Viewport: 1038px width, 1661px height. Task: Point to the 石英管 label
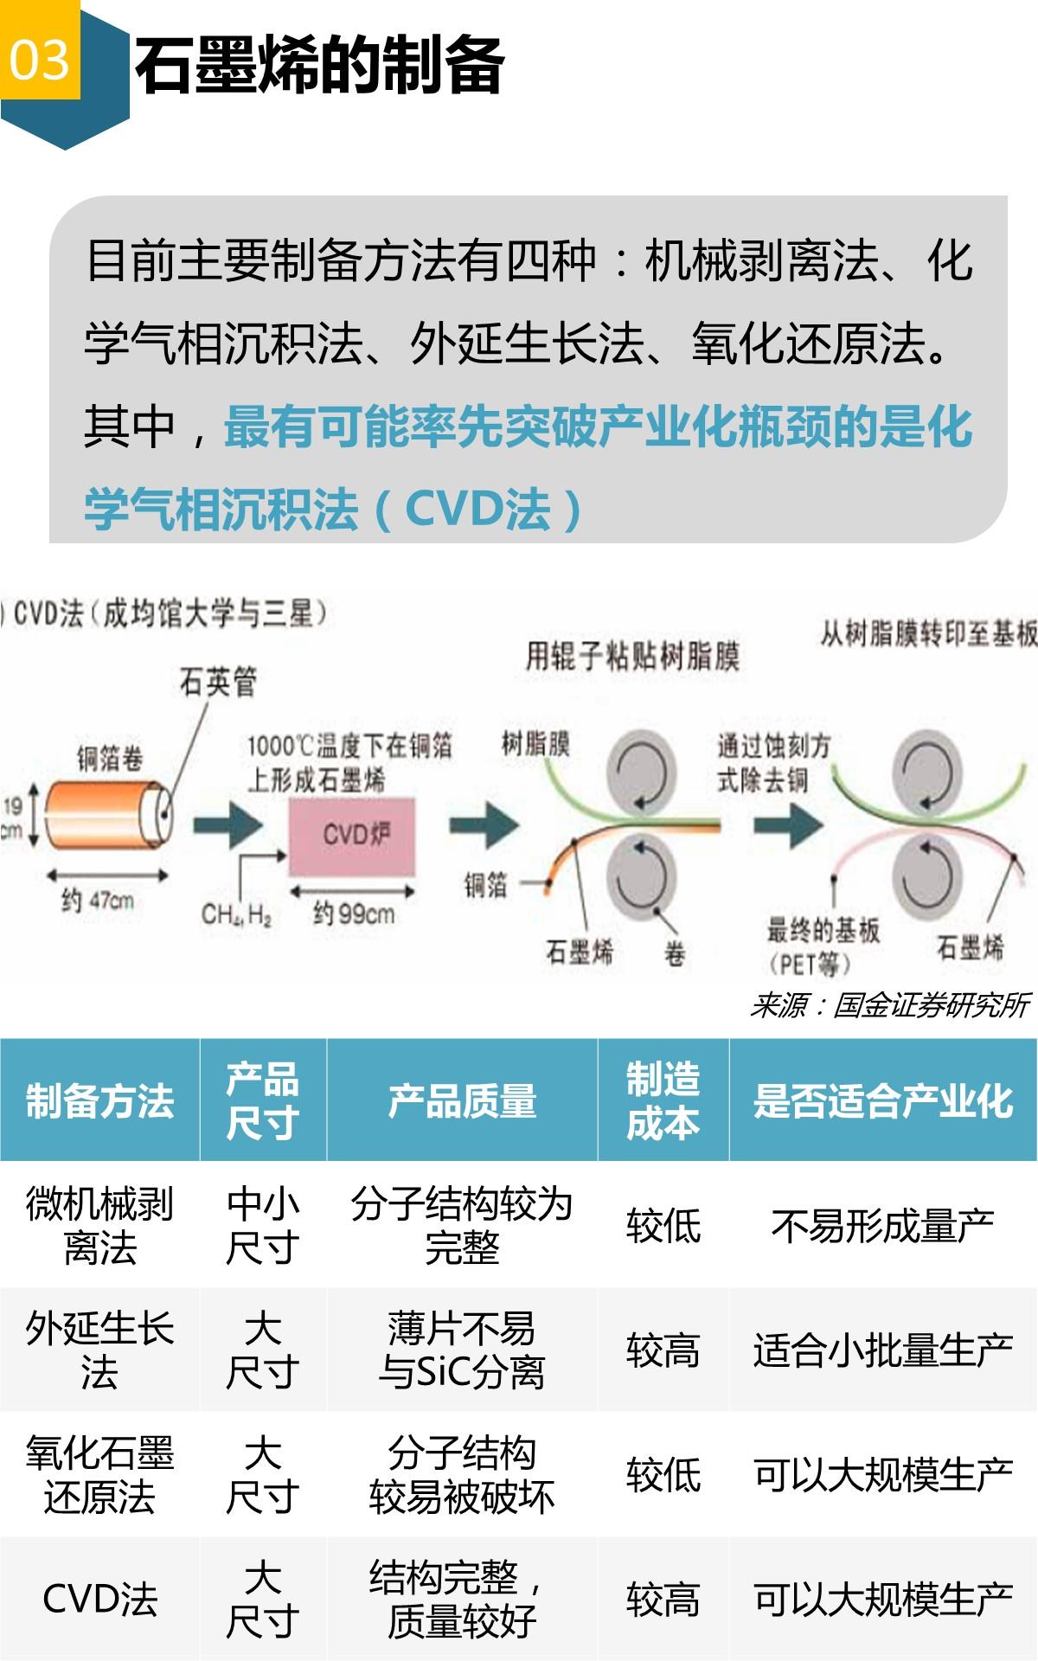218,683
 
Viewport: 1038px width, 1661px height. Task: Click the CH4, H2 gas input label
235,914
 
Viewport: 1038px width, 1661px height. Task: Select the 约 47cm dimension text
97,901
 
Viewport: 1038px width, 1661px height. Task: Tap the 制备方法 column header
99,1101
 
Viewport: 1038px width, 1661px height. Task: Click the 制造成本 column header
663,1101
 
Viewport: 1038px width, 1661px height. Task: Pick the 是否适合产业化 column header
883,1101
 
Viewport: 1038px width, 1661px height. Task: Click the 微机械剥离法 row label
99,1226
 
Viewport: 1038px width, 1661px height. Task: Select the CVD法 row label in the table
99,1600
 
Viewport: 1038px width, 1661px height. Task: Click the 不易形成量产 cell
883,1226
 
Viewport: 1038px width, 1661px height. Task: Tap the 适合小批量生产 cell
883,1350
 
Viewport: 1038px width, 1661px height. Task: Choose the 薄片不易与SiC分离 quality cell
462,1350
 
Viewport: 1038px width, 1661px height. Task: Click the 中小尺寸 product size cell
262,1226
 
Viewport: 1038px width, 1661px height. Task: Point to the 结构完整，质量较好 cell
462,1600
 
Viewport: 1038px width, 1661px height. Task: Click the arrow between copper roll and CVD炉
227,825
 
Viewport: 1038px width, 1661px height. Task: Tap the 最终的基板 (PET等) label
822,946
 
